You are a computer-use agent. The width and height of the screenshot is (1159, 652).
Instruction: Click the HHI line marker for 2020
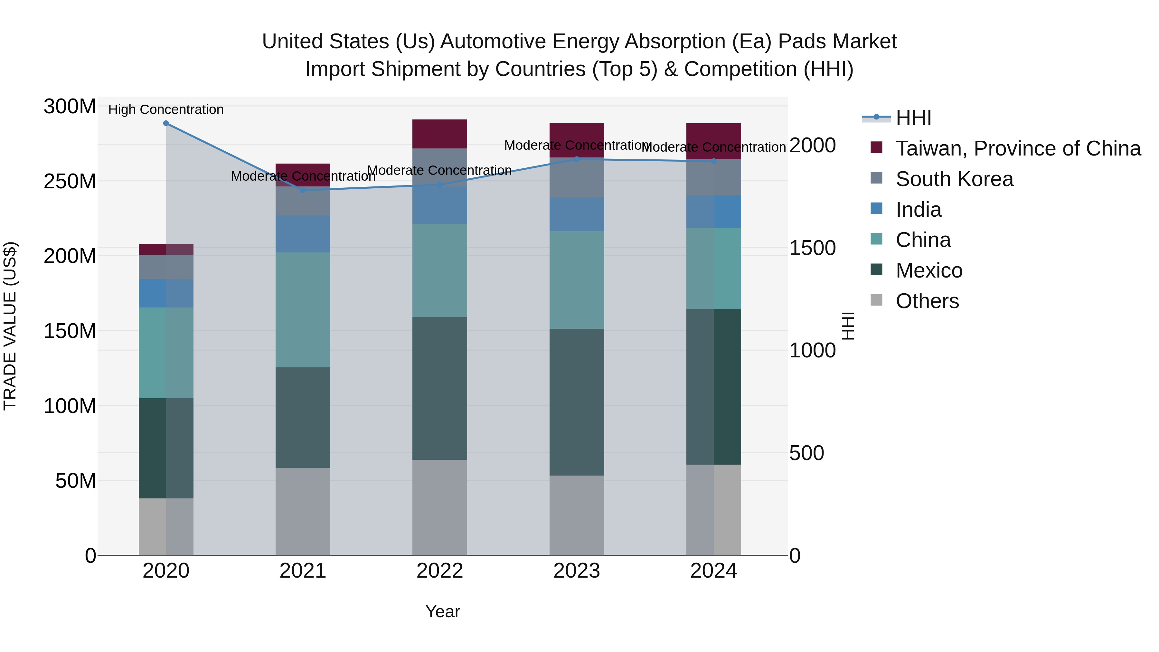[166, 123]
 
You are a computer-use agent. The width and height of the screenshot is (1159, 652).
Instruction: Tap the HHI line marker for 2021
[303, 190]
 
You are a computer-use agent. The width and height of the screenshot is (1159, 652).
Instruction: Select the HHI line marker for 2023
[577, 159]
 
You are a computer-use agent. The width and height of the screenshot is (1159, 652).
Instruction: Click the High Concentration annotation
[166, 109]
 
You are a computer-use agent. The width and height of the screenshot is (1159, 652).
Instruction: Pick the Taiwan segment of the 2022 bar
[439, 134]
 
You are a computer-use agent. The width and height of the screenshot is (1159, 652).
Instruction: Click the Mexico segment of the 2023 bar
[577, 402]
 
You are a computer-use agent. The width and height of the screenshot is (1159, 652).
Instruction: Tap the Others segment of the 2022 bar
[439, 507]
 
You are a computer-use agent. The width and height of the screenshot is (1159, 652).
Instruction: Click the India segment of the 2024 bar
[713, 212]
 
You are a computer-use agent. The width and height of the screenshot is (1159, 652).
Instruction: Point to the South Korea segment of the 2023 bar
[577, 178]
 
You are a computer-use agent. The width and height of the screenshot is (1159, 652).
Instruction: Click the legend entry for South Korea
[954, 179]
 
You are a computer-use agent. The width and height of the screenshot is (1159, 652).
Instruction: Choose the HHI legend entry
[913, 118]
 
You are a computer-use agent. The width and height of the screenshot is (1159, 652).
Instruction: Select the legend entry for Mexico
[928, 270]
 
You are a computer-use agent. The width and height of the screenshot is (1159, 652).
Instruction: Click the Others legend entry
[927, 301]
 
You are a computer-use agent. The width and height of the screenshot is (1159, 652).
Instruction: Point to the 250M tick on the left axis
[70, 181]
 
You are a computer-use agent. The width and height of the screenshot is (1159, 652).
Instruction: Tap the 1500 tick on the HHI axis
[813, 248]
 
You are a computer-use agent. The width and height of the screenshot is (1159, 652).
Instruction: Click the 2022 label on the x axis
[439, 571]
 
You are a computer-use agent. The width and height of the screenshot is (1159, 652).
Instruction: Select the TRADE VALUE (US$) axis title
[10, 326]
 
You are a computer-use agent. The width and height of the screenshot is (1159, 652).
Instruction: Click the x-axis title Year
[443, 611]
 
